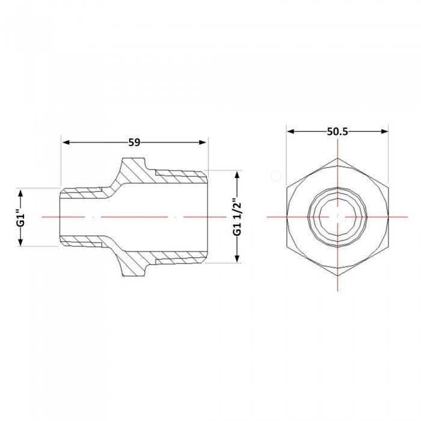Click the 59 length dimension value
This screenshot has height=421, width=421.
pyautogui.click(x=134, y=143)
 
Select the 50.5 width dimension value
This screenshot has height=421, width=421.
pyautogui.click(x=337, y=132)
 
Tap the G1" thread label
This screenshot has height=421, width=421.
pyautogui.click(x=22, y=217)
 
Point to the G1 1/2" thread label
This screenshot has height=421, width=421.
pyautogui.click(x=238, y=217)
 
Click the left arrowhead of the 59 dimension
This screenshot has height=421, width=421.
pyautogui.click(x=66, y=143)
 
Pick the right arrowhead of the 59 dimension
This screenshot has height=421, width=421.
pyautogui.click(x=203, y=143)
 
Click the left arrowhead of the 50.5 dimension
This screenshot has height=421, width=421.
pyautogui.click(x=290, y=131)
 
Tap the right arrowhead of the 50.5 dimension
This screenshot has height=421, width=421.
pyautogui.click(x=384, y=131)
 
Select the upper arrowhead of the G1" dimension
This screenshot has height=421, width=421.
pyautogui.click(x=20, y=193)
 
